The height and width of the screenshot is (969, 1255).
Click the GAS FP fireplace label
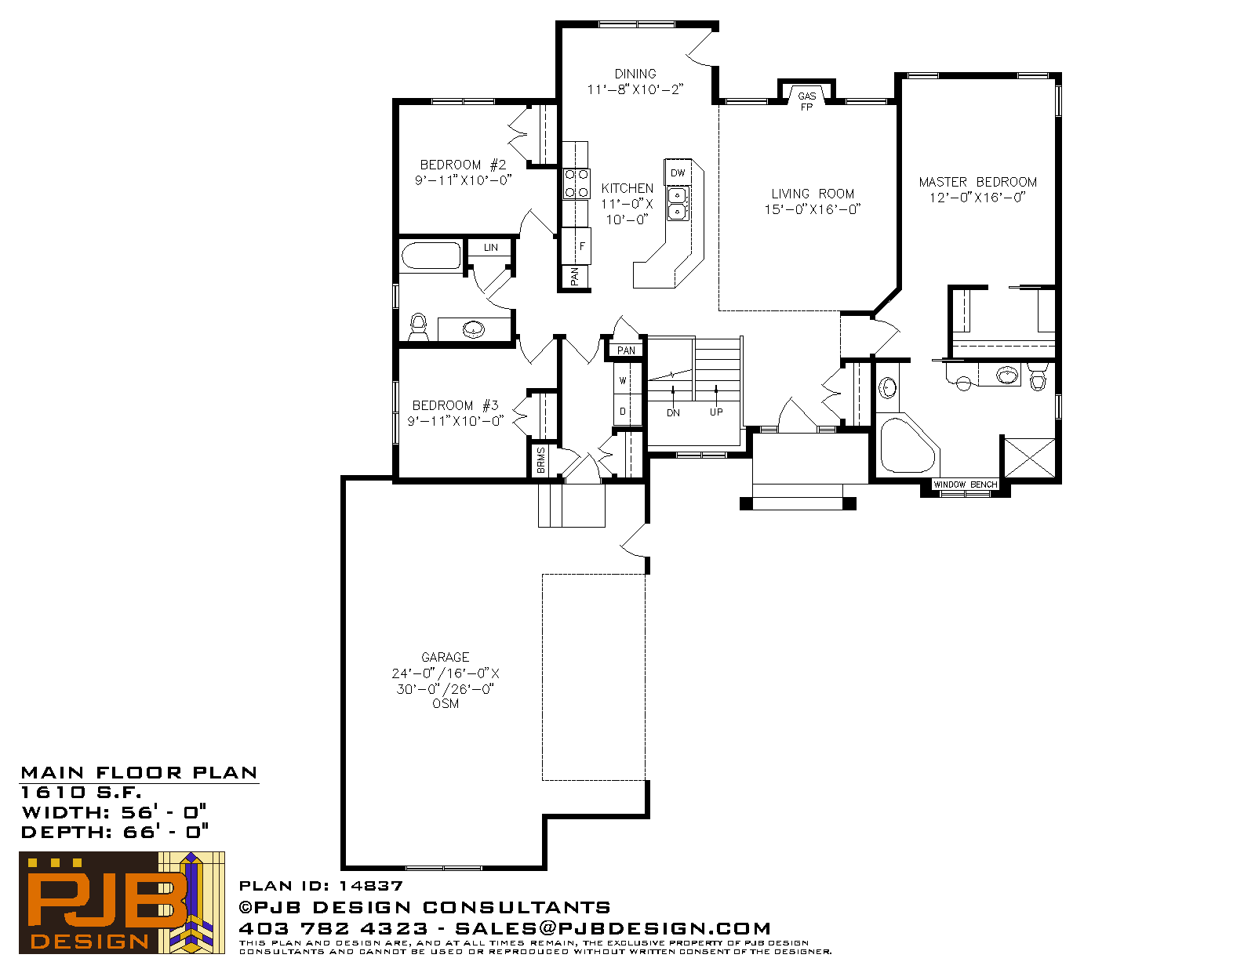coord(807,101)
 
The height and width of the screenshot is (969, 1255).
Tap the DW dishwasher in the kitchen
coord(678,172)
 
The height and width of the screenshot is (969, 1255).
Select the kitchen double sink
coord(678,203)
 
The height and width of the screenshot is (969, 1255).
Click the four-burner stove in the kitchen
coord(577,183)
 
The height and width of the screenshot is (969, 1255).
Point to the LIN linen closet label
coord(490,248)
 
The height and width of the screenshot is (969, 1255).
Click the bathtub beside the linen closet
coord(431,256)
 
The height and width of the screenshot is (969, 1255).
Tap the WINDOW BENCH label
coord(965,484)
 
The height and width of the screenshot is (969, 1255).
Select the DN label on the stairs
coord(674,412)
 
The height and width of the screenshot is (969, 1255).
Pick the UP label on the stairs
coord(716,412)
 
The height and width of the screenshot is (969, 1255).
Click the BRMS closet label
coord(541,460)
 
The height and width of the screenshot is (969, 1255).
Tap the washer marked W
coord(623,380)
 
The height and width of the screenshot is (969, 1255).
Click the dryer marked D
coord(623,411)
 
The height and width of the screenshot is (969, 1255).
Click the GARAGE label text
coord(446,657)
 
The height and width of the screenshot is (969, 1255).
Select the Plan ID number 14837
coord(371,886)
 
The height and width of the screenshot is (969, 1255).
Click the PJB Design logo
coord(122,902)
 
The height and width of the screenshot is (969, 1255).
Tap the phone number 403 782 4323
coord(333,928)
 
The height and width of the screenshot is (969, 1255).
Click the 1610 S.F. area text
coord(81,793)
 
